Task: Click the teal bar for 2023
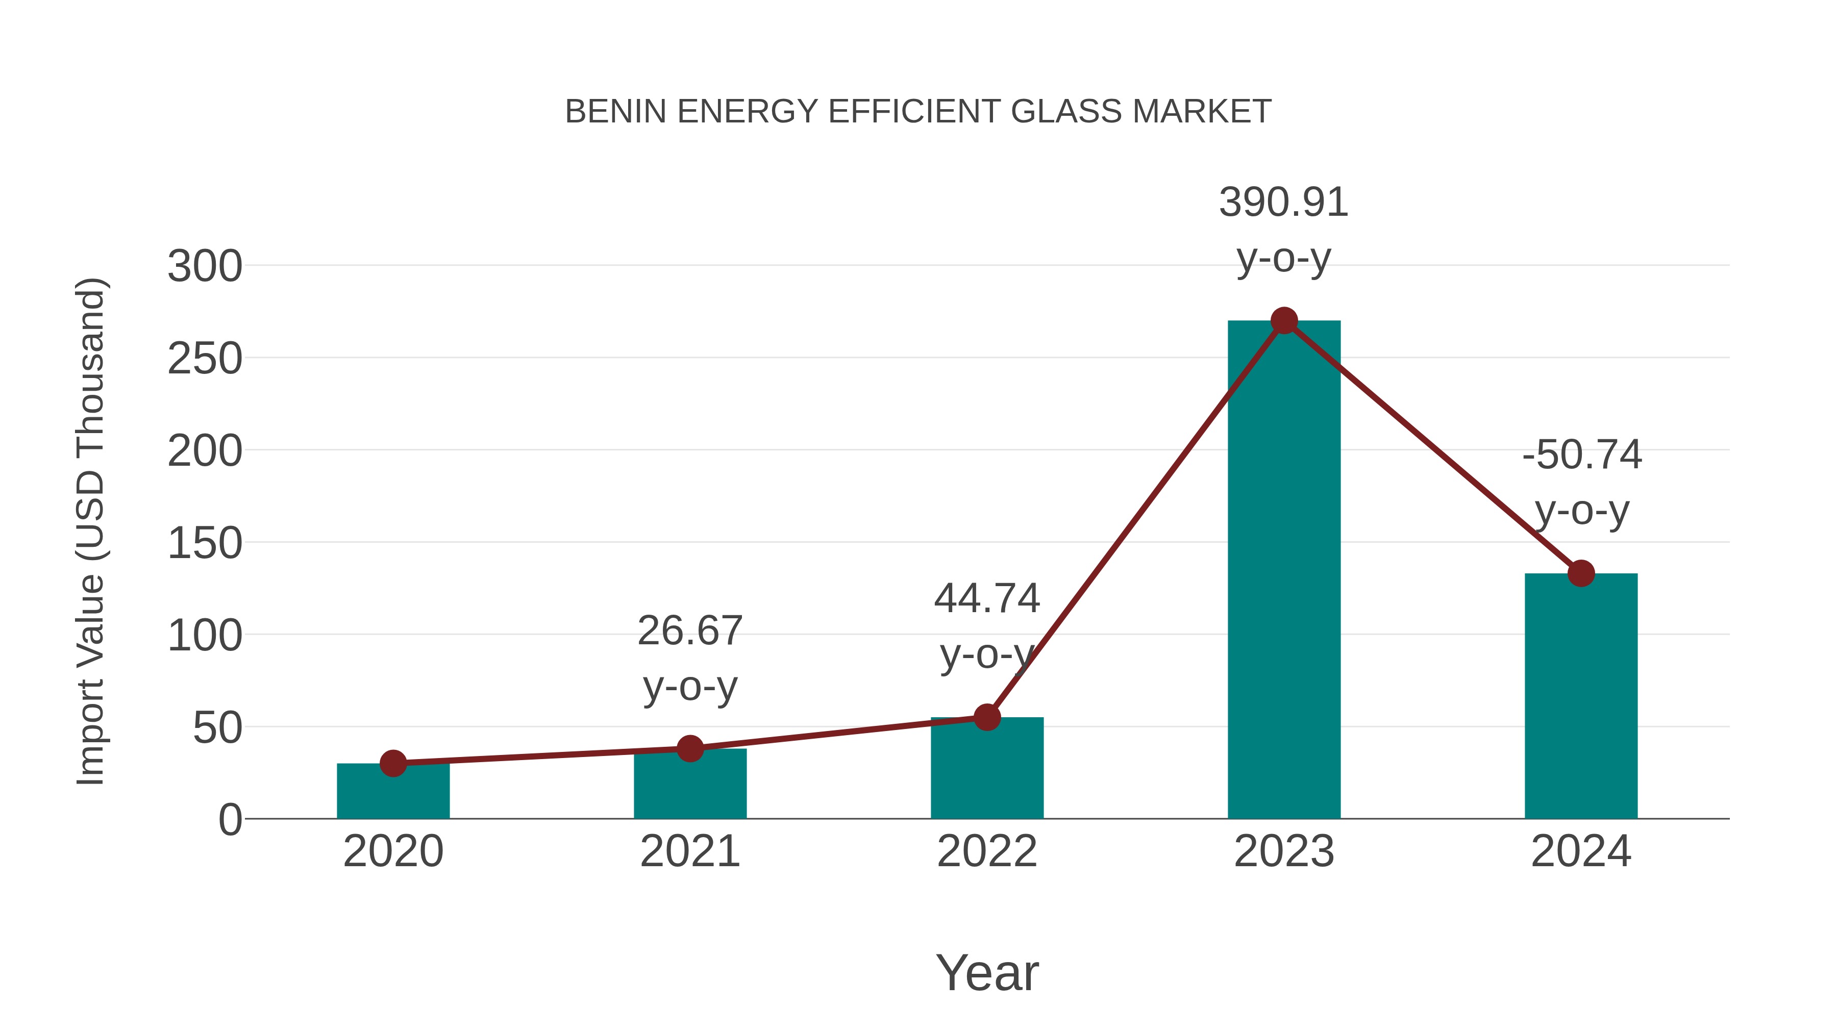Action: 1284,570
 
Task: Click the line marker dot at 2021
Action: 689,748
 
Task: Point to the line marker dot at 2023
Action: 1284,321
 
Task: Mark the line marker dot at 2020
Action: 393,764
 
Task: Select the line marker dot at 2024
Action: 1581,573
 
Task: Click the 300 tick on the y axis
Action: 205,267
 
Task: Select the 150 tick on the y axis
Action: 205,543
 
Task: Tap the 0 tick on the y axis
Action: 230,820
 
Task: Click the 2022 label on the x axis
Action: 987,851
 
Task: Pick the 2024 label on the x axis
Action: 1581,851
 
